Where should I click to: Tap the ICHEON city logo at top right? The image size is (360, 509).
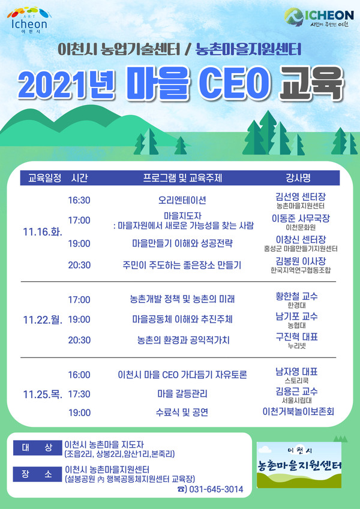point(319,17)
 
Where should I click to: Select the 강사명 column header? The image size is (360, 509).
point(298,178)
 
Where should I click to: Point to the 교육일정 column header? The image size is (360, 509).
point(45,178)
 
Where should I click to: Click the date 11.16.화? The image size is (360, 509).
point(43,232)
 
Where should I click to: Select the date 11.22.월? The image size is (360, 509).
point(43,320)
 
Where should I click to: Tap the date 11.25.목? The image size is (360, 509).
point(43,394)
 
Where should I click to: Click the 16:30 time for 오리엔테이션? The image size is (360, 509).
point(79,200)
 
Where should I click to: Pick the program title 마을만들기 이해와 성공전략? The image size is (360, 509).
point(182,243)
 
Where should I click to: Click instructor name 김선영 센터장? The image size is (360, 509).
point(301,197)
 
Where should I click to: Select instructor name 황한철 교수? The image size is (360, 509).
point(296,296)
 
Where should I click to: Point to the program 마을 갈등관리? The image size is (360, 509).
point(182,394)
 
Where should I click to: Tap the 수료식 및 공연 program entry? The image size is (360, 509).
point(182,412)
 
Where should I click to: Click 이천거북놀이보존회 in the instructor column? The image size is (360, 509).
point(298,412)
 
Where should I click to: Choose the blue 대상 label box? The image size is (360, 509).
point(37,448)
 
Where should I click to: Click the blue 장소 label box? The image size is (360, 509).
point(37,474)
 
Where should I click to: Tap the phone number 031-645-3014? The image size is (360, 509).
point(216,489)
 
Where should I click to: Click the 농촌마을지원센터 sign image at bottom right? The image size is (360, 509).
point(299,465)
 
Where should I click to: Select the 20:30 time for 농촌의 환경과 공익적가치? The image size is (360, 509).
point(79,340)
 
